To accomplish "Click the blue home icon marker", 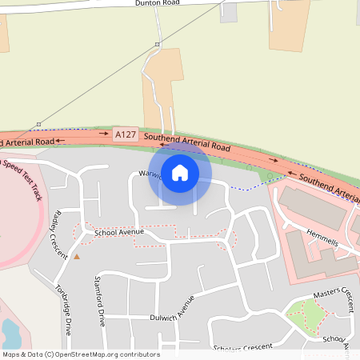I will [x=180, y=172].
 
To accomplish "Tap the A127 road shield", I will [x=125, y=135].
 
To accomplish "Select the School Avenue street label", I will [x=118, y=232].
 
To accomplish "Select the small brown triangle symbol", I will [x=77, y=257].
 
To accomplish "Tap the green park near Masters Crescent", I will [x=304, y=316].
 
